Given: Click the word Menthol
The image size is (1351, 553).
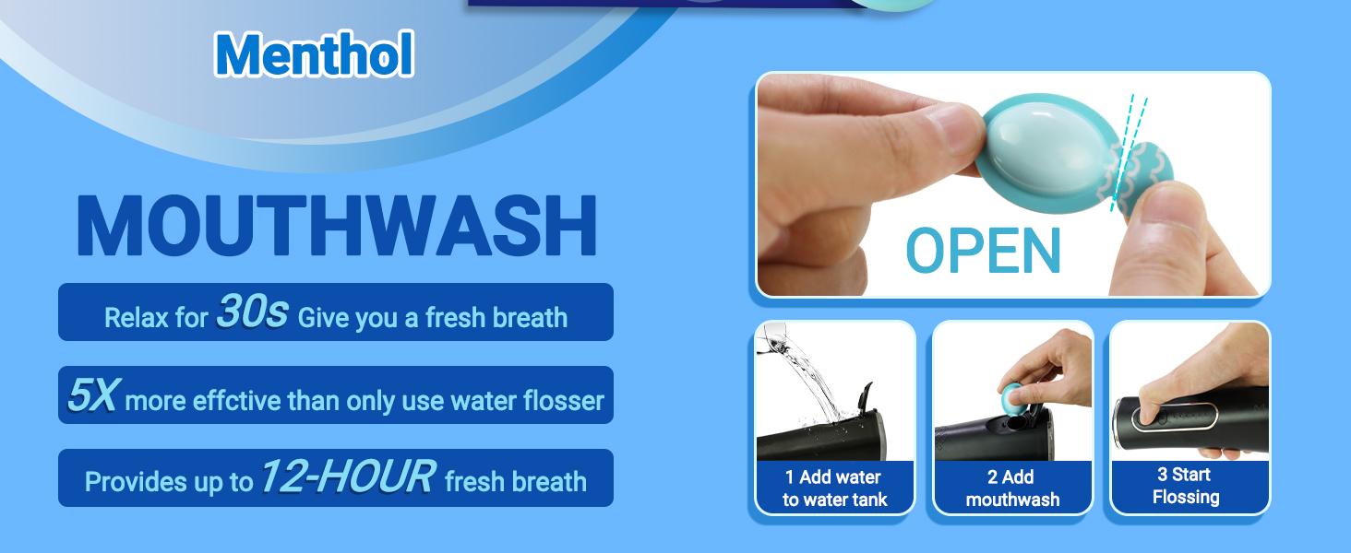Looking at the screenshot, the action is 315,54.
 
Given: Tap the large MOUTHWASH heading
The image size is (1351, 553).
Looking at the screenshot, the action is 337,226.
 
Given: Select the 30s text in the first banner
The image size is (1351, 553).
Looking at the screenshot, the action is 252,312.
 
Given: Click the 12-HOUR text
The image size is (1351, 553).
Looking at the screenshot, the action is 347,476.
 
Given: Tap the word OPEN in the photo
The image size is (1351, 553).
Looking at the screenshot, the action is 983,251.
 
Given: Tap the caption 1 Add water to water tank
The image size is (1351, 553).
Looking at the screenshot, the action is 834,488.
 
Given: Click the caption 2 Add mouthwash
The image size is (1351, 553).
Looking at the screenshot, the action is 1012,488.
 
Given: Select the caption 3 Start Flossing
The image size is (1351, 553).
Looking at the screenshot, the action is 1186,486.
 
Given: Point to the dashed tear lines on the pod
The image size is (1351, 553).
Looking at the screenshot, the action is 1129,154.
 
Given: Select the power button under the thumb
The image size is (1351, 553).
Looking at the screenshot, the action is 1173,418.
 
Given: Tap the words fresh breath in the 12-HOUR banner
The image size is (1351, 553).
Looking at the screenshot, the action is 516,481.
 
